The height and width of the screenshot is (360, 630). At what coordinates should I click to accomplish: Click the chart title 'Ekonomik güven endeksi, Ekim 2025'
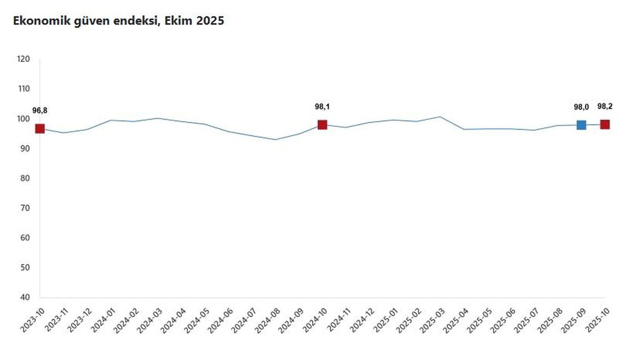tap(119, 21)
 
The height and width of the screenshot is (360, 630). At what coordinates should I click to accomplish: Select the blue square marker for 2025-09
tap(581, 125)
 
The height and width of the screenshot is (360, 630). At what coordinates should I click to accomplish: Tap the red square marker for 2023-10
tap(40, 129)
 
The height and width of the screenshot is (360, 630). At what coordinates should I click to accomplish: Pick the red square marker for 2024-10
tap(322, 125)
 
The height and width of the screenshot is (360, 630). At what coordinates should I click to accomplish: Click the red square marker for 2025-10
tap(605, 124)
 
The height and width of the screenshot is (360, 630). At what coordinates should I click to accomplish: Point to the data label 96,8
tap(40, 111)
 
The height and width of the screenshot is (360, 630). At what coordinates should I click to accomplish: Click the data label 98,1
tap(322, 107)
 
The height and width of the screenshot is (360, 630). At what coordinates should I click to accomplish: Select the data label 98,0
tap(581, 107)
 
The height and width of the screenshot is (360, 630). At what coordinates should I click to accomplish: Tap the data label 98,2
tap(605, 107)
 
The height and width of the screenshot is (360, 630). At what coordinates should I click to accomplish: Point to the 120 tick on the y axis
tap(23, 59)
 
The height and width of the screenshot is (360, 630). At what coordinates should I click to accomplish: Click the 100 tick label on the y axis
tap(23, 119)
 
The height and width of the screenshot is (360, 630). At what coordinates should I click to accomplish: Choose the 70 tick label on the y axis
tap(25, 208)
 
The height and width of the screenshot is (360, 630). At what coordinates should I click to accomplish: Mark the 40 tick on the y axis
tap(25, 298)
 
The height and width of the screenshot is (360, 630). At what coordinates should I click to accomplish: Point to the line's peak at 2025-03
tap(440, 117)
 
